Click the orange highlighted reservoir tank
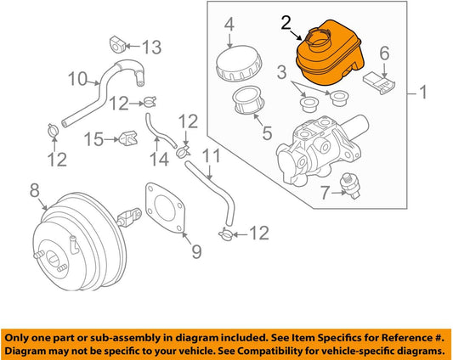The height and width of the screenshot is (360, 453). [x=329, y=53]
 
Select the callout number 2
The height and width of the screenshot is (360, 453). [x=286, y=23]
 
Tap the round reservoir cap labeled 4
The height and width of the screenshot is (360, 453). [x=239, y=64]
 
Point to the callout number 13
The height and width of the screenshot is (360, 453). [x=151, y=47]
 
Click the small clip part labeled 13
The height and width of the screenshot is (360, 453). [x=116, y=45]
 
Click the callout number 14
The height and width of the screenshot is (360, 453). [x=160, y=160]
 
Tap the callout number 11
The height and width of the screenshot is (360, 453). [x=211, y=155]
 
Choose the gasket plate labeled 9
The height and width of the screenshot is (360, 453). [x=165, y=208]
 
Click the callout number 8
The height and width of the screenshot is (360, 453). [x=34, y=191]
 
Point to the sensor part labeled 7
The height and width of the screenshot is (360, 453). [x=350, y=186]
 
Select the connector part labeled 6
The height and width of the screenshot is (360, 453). [x=379, y=83]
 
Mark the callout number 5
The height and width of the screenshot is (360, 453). [x=267, y=132]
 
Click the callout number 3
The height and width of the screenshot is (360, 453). [x=281, y=72]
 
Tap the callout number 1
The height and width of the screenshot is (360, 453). [x=423, y=93]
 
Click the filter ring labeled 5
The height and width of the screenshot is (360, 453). [x=248, y=100]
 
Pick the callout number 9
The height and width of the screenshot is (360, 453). [x=196, y=251]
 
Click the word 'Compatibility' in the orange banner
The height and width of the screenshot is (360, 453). [x=290, y=351]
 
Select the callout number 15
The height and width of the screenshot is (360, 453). [x=93, y=139]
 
